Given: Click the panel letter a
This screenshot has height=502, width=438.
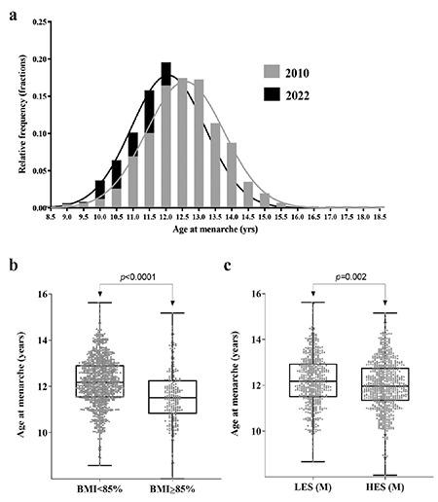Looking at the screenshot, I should coord(13,10).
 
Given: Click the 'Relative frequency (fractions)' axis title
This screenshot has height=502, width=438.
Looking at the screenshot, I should coord(22,114).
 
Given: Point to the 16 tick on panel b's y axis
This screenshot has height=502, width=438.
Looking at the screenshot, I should coord(50,294).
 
